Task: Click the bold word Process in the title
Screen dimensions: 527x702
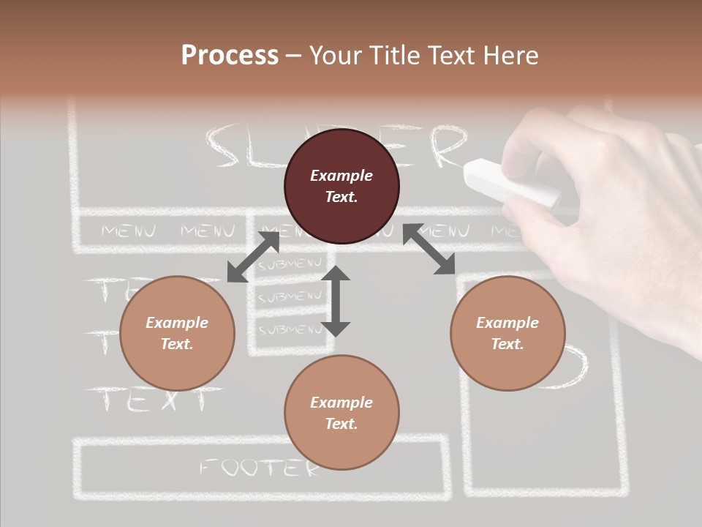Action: point(230,56)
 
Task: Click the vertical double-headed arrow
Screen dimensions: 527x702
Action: point(336,301)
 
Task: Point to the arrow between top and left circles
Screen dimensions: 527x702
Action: point(253,256)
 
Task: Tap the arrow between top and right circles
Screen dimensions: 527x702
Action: point(429,250)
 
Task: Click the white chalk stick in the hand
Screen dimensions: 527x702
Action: point(511,182)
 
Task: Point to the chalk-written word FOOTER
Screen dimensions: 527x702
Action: point(260,467)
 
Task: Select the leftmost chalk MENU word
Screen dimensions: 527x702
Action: point(128,232)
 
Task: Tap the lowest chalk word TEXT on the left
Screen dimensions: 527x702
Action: point(154,400)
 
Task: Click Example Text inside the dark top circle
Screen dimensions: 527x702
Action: point(341,186)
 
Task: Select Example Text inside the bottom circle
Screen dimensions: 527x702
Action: point(341,413)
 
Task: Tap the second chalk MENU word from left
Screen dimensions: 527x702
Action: point(208,232)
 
